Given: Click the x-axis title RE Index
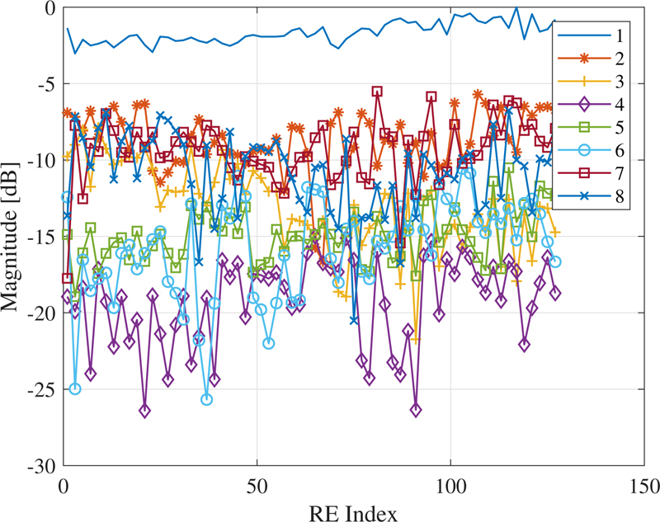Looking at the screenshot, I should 353,511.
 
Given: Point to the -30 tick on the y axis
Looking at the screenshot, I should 40,466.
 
